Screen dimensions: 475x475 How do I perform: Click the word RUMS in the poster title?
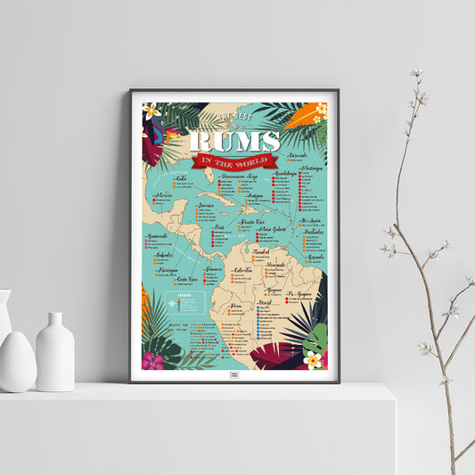click(x=234, y=141)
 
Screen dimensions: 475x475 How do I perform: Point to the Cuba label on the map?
click(x=182, y=177)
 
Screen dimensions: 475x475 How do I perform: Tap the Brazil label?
click(x=266, y=302)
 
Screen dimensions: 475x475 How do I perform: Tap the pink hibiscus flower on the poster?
click(x=153, y=361)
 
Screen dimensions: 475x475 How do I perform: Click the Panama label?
click(x=213, y=268)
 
